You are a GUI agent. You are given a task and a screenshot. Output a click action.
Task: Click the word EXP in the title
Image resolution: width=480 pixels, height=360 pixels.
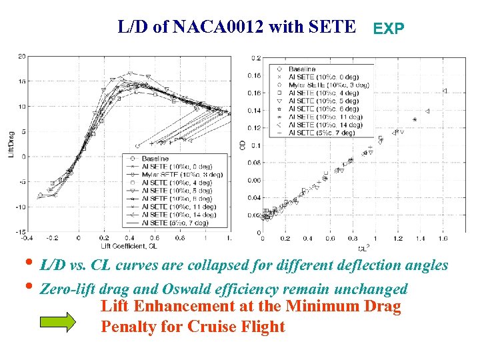pos(388,29)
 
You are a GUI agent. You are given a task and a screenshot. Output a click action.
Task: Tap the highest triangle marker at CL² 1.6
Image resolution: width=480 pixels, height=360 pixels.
pos(445,91)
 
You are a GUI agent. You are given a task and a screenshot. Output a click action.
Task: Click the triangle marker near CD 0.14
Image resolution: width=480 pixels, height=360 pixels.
pos(427,111)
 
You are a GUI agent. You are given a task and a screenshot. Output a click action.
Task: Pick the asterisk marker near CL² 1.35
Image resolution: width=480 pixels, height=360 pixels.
pos(415,120)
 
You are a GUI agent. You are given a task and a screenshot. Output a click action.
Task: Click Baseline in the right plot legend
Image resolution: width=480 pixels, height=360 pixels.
pos(302,69)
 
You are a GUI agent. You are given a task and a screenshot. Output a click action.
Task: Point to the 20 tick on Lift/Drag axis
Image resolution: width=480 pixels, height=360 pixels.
pos(21,55)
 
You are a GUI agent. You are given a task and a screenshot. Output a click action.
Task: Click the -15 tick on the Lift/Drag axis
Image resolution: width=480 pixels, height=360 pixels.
pos(20,231)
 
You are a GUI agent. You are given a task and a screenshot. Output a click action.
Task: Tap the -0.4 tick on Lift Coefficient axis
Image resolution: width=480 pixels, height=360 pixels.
pos(26,237)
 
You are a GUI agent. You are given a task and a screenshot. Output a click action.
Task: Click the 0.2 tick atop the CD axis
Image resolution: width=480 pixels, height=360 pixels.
pos(256,59)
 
